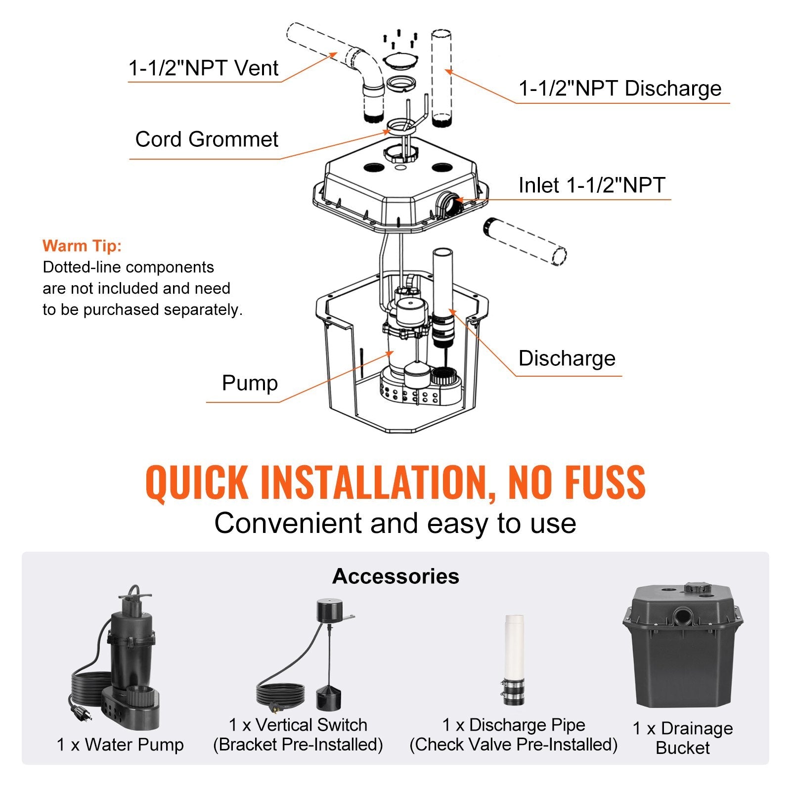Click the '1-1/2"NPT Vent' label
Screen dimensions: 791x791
pyautogui.click(x=203, y=68)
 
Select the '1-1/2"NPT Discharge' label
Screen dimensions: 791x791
pyautogui.click(x=620, y=88)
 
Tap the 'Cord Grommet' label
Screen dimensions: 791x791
pyautogui.click(x=207, y=139)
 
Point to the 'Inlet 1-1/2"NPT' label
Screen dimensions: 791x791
pyautogui.click(x=592, y=185)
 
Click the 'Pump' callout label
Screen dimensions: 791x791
pyautogui.click(x=250, y=383)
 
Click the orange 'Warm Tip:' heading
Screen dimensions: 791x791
pyautogui.click(x=82, y=246)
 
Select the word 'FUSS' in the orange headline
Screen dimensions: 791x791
pyautogui.click(x=605, y=482)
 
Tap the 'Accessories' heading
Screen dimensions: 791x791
pyautogui.click(x=395, y=576)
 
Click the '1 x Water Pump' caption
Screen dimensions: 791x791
pyautogui.click(x=120, y=745)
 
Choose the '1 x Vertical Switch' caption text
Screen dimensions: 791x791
pyautogui.click(x=298, y=725)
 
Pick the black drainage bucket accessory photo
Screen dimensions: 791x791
pyautogui.click(x=683, y=648)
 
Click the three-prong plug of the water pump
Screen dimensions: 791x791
pyautogui.click(x=78, y=712)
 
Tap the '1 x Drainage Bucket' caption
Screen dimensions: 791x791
pyautogui.click(x=683, y=738)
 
